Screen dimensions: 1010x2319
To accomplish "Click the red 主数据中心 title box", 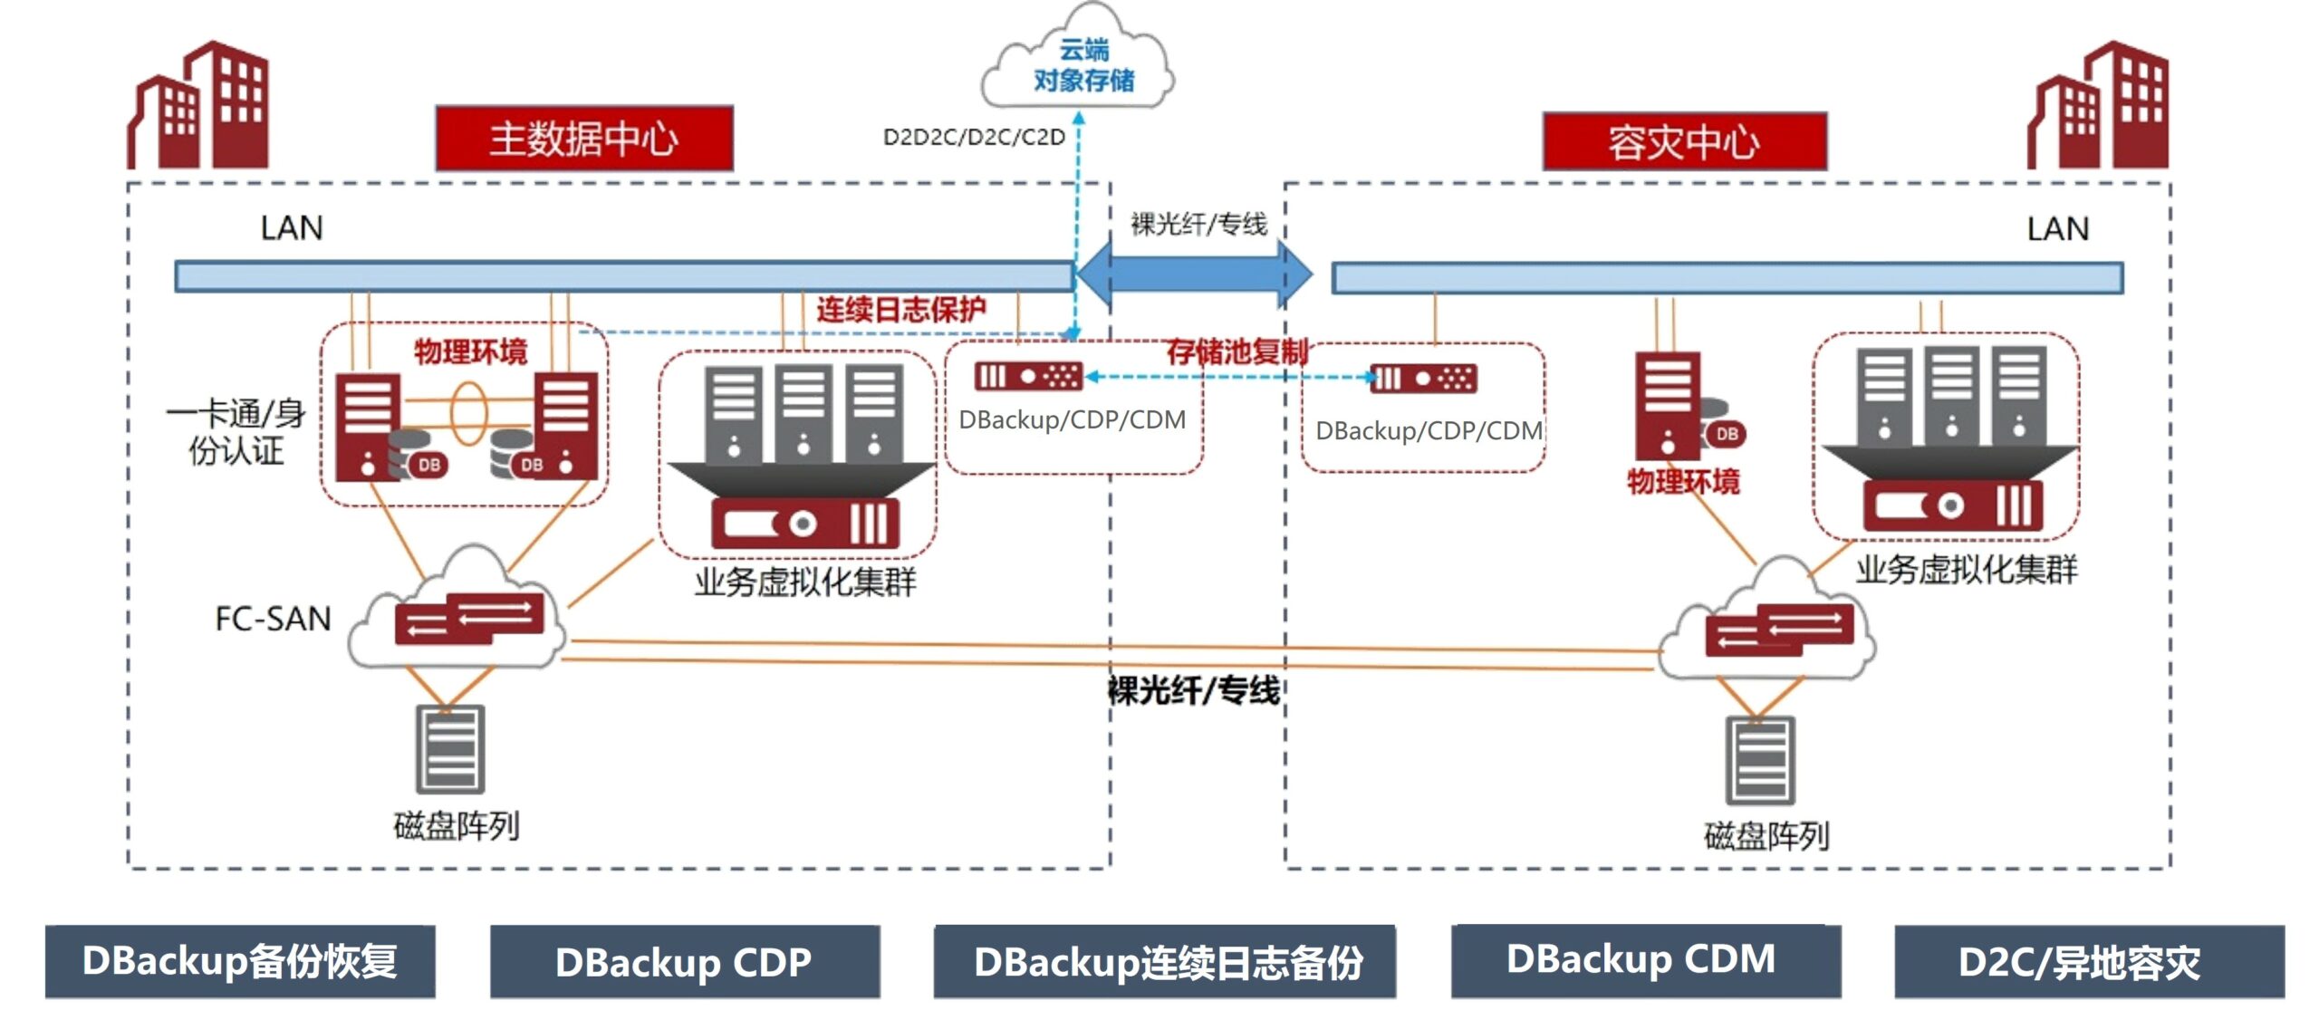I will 584,139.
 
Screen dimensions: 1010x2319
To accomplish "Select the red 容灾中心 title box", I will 1684,142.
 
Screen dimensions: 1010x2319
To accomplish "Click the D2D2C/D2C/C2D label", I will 974,137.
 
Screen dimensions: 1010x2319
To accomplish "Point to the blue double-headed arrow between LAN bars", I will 1194,273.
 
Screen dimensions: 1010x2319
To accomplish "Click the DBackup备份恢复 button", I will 240,961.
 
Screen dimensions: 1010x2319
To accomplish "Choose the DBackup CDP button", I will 684,961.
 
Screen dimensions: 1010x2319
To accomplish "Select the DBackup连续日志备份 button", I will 1165,961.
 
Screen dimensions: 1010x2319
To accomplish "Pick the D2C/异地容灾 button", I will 2088,961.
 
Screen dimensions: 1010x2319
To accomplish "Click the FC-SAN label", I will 273,619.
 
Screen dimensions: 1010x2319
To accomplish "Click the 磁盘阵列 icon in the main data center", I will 450,749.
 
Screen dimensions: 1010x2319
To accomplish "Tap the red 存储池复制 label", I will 1236,351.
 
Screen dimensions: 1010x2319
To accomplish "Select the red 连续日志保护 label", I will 900,310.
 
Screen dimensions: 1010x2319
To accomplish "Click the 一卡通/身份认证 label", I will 236,431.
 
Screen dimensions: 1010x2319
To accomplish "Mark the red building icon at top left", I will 199,107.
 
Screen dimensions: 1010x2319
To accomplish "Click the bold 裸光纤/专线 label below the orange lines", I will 1194,691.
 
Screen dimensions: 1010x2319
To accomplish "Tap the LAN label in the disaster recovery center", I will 2057,229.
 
